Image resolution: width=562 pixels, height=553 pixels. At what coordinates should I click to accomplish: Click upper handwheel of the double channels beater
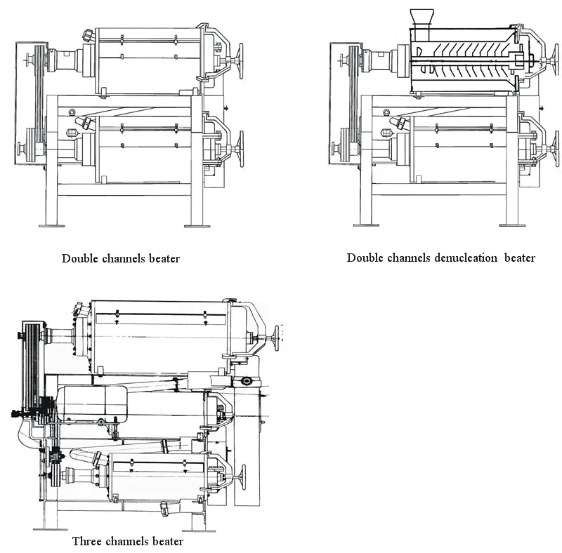[x=239, y=61]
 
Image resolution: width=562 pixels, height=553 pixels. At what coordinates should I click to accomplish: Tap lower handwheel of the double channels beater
[x=239, y=149]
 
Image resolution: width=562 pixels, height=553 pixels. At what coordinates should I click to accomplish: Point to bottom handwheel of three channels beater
[x=243, y=477]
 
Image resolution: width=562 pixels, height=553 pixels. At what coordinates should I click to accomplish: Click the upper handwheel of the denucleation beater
[x=556, y=61]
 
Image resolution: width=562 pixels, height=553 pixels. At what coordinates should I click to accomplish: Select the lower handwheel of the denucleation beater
[x=556, y=147]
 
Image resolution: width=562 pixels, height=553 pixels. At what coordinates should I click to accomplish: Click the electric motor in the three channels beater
[x=92, y=404]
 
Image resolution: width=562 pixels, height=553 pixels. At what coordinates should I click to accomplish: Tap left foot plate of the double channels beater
[x=51, y=226]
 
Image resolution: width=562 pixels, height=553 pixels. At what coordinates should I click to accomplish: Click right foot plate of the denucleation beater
[x=513, y=225]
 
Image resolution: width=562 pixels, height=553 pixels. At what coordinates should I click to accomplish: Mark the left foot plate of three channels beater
[x=50, y=529]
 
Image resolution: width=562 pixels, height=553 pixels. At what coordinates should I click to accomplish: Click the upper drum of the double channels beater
[x=149, y=61]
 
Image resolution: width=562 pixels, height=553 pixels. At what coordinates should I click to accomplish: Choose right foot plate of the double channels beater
[x=197, y=226]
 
